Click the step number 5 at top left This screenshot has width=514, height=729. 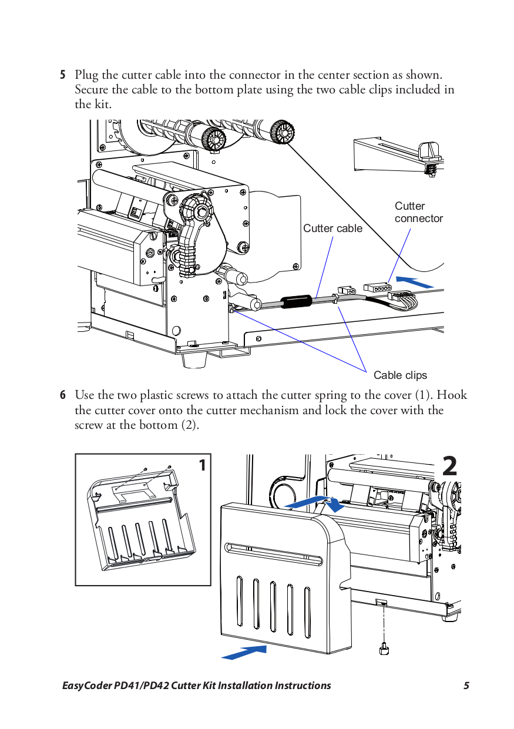tap(62, 75)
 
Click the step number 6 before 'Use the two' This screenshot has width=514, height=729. tap(62, 395)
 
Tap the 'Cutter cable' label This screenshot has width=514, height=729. tap(332, 228)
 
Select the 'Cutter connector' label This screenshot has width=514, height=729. tap(418, 212)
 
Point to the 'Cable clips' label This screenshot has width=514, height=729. tap(400, 375)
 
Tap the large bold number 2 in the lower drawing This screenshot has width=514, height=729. tap(449, 466)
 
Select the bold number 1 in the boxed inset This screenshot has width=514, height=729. tap(202, 466)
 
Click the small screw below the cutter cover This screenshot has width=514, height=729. tap(384, 649)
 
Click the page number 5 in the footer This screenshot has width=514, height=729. tap(466, 686)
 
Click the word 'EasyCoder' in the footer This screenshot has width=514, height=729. tap(87, 686)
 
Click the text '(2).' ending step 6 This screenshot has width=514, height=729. tap(189, 425)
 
